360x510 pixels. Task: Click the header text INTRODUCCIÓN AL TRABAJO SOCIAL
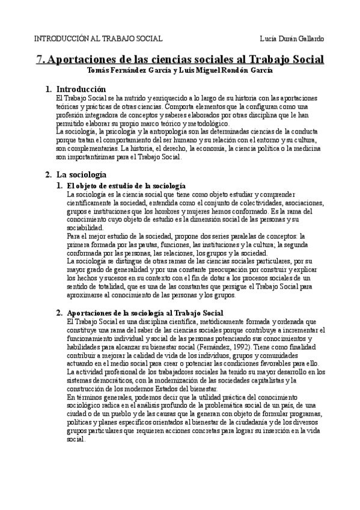[x=97, y=38]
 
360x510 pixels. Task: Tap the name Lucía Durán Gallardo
[x=294, y=38]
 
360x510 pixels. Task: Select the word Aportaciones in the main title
[x=84, y=60]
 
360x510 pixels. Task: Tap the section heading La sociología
[x=82, y=174]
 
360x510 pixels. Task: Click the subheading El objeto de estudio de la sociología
[x=126, y=186]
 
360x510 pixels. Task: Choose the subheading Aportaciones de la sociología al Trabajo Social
[x=145, y=313]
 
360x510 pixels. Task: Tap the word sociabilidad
[x=85, y=228]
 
